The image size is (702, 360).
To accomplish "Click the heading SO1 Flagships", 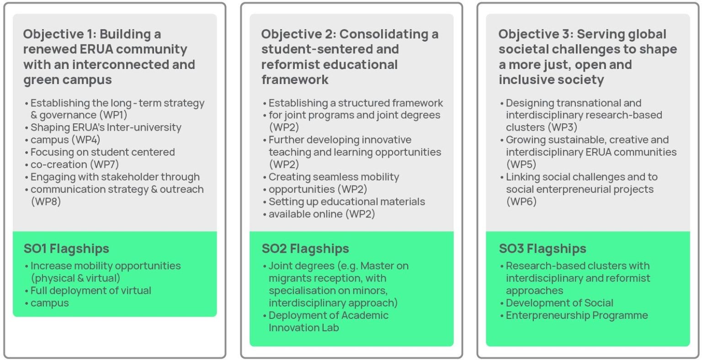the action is [x=66, y=249].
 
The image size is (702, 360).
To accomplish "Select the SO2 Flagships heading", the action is [x=305, y=249].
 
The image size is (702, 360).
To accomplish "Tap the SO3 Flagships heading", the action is [x=542, y=249].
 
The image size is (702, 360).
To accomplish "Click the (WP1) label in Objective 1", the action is [x=113, y=115].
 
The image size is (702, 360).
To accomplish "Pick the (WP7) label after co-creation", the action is [x=105, y=164].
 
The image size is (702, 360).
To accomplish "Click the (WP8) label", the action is [x=46, y=201].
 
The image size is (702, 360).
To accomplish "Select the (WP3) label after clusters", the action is [x=563, y=127].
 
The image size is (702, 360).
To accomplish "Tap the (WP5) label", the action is [x=521, y=164].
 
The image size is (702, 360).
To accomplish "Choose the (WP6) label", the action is [x=521, y=201].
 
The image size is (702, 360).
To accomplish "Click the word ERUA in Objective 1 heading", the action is [x=96, y=49].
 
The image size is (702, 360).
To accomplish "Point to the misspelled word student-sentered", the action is [x=330, y=49].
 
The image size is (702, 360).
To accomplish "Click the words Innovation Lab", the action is [x=303, y=328].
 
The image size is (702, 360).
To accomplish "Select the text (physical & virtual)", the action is [x=75, y=278].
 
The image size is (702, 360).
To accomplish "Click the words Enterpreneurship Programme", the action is [x=577, y=315].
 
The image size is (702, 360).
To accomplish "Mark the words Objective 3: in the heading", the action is [x=536, y=34].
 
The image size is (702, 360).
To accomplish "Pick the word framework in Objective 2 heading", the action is [x=295, y=80].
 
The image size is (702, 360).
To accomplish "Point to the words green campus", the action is [x=67, y=80].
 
